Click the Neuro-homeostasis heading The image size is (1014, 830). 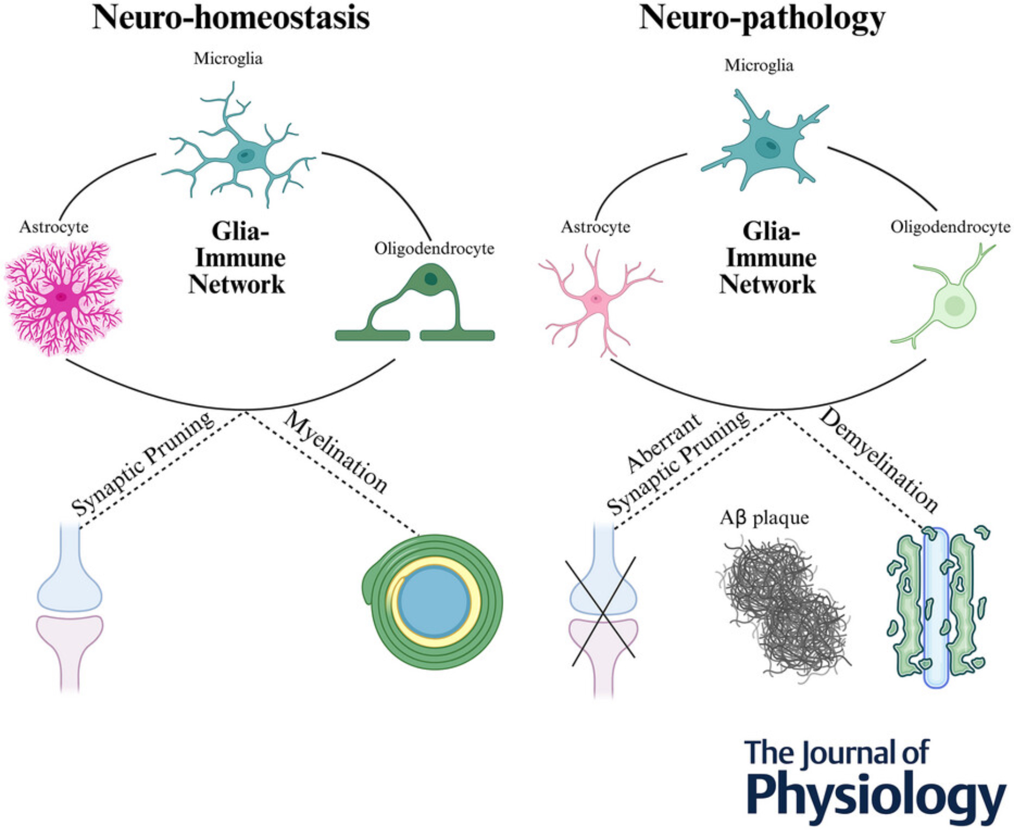coord(231,18)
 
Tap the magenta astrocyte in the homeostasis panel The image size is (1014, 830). coord(62,298)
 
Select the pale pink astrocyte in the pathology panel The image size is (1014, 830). coord(596,299)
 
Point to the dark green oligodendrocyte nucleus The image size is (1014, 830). coord(431,278)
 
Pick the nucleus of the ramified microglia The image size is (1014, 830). coord(245,155)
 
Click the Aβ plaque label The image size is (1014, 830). coord(764,518)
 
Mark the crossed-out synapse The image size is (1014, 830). coord(603,611)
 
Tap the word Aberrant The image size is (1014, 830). coord(664,443)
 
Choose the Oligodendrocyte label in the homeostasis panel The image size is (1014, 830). coord(434,248)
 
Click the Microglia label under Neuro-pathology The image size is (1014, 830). coord(758,65)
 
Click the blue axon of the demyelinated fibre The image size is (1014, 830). coord(935,608)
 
